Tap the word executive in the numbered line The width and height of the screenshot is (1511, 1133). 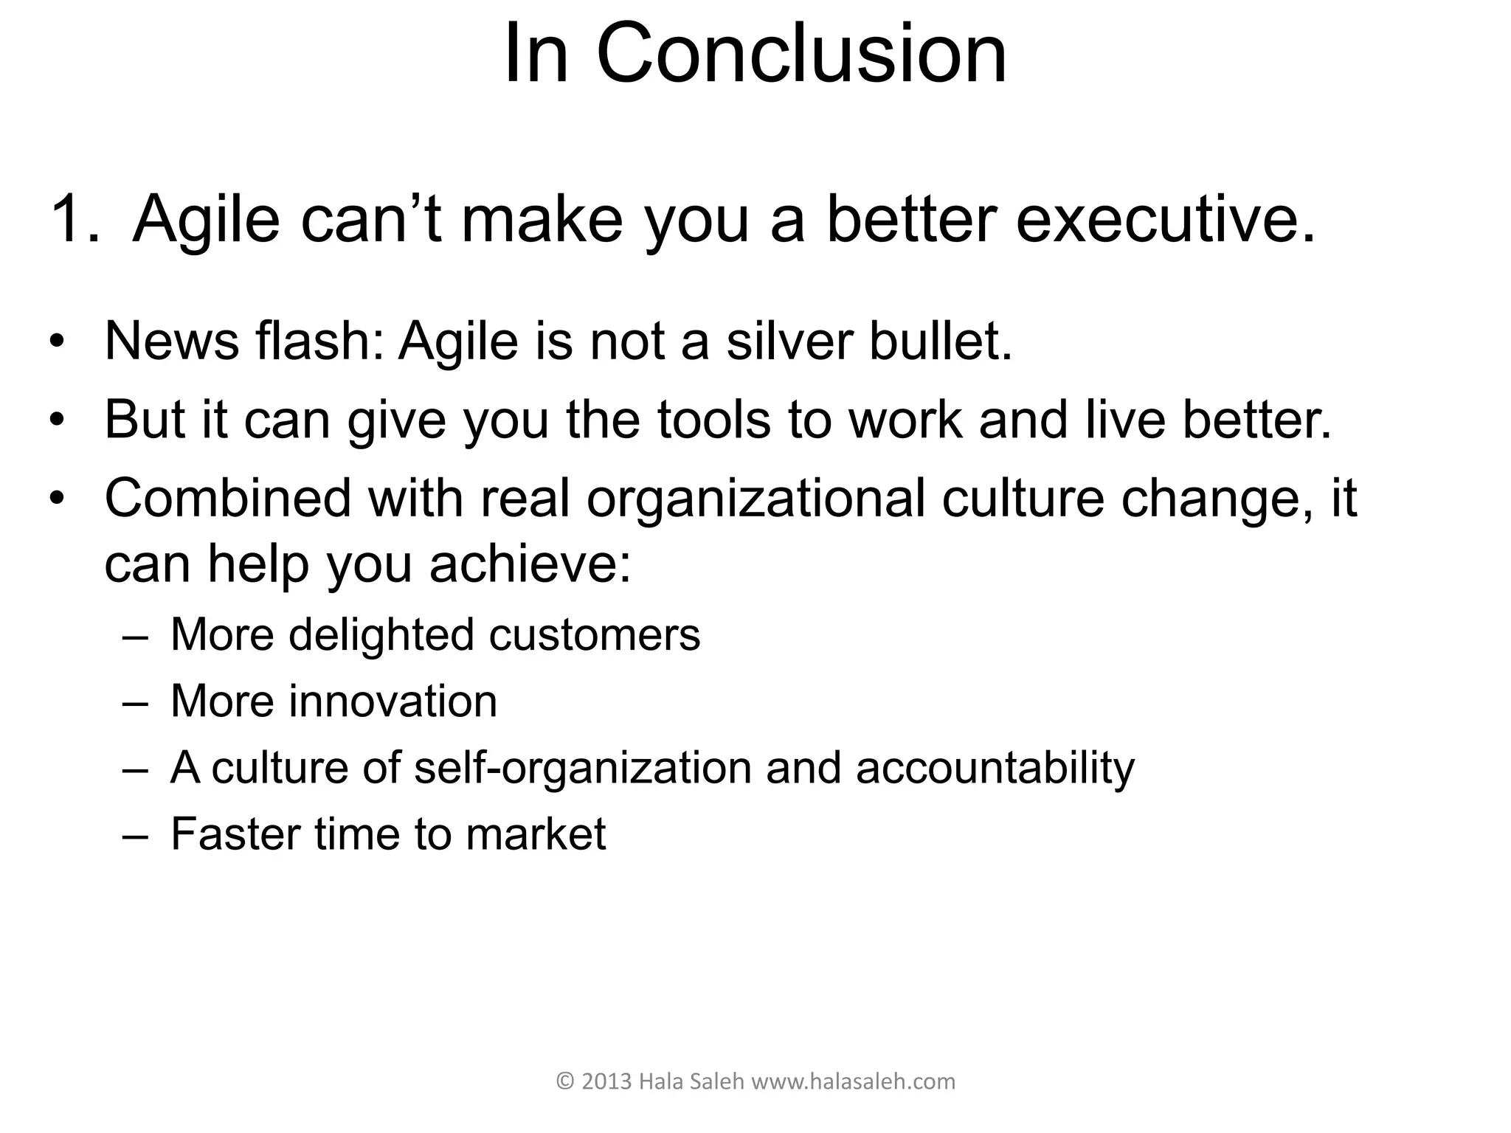pyautogui.click(x=1166, y=218)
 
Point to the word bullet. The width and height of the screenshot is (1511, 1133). pyautogui.click(x=940, y=342)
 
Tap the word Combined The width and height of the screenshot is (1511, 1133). pyautogui.click(x=227, y=499)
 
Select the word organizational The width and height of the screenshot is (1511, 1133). pyautogui.click(x=755, y=499)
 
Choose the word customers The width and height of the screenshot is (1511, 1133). pyautogui.click(x=594, y=635)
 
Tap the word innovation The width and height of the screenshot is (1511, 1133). pyautogui.click(x=393, y=701)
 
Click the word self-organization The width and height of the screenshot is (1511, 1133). pyautogui.click(x=582, y=768)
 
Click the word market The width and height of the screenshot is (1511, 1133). pyautogui.click(x=535, y=834)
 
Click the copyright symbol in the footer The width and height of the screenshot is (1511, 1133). pyautogui.click(x=564, y=1082)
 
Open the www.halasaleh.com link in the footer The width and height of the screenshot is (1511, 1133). pyautogui.click(x=852, y=1082)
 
